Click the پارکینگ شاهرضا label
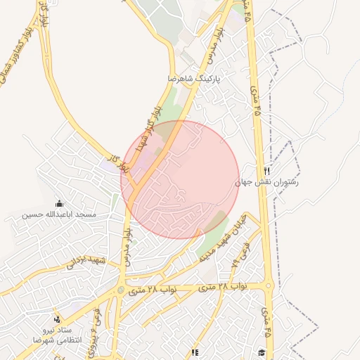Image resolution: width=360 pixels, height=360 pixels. coord(193,78)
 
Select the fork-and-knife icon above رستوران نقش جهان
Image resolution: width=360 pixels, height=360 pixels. coord(266,171)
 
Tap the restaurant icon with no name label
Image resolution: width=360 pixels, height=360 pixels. coord(195,352)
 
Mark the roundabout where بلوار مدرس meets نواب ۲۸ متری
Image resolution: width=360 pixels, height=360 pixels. coord(121,290)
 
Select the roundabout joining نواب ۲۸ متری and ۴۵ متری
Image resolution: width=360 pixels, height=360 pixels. coord(269,285)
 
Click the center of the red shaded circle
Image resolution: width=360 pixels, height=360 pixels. coord(180,179)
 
